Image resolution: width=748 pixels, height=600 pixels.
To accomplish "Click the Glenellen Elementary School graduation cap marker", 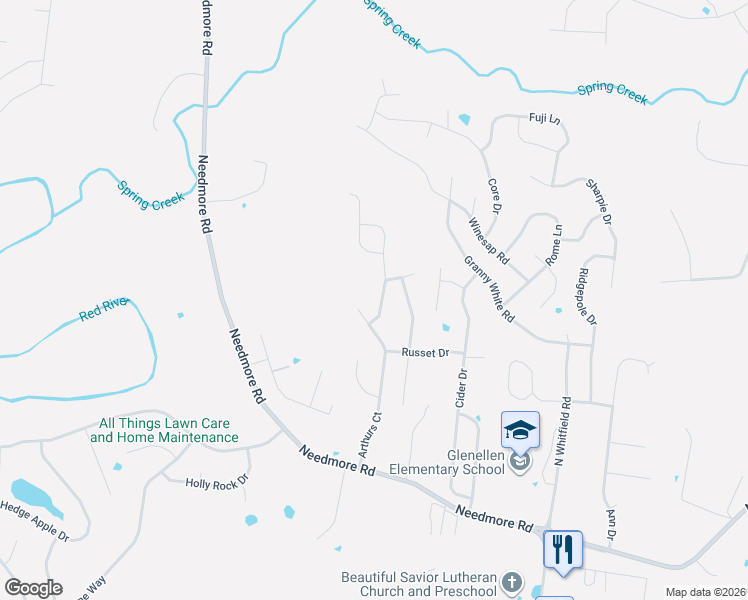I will pyautogui.click(x=520, y=431).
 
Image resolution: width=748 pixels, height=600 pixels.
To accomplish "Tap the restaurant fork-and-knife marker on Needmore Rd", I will pyautogui.click(x=562, y=549).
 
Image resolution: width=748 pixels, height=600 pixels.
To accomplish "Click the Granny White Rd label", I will pyautogui.click(x=488, y=289).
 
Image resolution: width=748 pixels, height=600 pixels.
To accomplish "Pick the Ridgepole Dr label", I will pyautogui.click(x=587, y=296).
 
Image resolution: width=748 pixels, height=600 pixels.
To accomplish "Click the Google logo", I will pyautogui.click(x=33, y=587).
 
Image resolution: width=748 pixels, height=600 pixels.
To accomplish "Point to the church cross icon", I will pyautogui.click(x=511, y=582).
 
